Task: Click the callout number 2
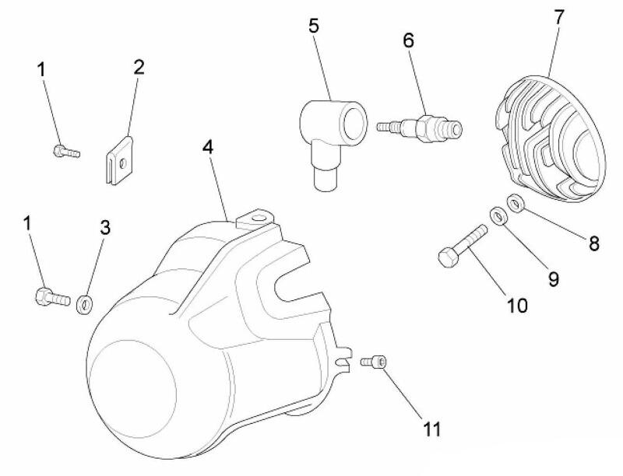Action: point(139,66)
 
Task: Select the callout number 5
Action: point(313,25)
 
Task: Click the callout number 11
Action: point(432,429)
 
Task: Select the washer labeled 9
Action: point(496,215)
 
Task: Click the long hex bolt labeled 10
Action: point(462,246)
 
